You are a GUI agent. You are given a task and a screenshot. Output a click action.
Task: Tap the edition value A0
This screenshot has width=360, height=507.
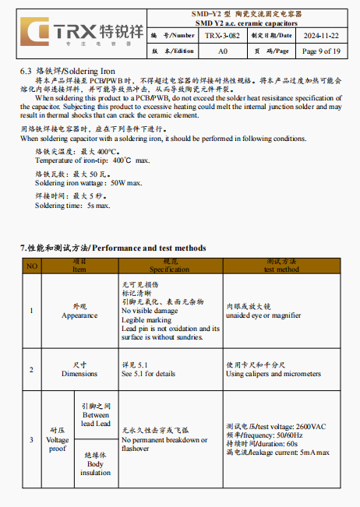pos(222,51)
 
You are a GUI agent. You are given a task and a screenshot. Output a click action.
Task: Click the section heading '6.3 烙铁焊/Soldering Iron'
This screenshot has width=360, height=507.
pos(68,71)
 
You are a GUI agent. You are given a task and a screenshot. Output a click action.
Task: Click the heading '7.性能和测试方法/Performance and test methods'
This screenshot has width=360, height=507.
pos(113,248)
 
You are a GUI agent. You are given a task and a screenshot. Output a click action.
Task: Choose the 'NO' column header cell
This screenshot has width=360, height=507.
pos(32,266)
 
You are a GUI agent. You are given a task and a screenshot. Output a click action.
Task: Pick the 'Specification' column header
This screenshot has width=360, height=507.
pos(169,269)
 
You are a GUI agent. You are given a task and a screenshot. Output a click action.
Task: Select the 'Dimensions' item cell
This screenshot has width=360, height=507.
pos(79,369)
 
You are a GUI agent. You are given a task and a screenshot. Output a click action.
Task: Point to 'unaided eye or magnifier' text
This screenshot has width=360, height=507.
pos(263,315)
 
